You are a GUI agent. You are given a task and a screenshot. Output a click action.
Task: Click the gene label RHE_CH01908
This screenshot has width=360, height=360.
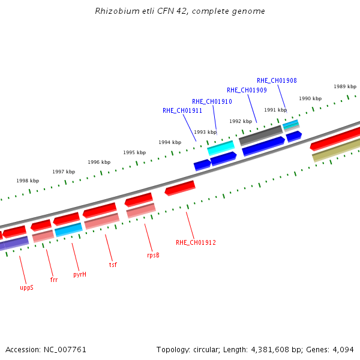coord(277,80)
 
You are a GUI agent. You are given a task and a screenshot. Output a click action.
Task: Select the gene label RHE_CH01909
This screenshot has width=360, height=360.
coord(247,90)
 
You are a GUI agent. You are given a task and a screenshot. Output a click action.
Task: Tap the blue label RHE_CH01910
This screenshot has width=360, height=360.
coord(212,101)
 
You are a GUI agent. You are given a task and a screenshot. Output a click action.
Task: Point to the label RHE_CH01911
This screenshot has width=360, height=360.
coord(182,110)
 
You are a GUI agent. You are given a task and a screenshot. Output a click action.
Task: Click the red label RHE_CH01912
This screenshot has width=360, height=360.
coord(196,242)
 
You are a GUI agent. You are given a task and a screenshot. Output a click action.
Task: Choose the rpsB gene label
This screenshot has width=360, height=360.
coord(153,256)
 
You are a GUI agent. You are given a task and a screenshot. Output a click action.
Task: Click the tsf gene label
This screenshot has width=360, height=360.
coord(113,265)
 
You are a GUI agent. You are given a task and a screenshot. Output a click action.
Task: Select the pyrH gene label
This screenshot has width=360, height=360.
coord(80,275)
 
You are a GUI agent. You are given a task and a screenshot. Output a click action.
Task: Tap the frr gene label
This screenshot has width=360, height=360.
coord(54,280)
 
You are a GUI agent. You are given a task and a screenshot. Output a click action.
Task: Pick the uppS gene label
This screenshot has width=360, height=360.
coord(26,288)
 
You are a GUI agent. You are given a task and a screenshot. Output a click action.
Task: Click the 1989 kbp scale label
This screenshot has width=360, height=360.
coord(345,86)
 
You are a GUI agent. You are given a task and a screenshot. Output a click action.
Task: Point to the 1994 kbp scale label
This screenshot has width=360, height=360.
coord(170,142)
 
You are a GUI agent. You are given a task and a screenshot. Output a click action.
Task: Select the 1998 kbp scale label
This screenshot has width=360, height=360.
coord(28,181)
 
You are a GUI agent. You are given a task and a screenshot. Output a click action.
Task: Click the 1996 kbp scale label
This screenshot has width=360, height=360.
coord(99,162)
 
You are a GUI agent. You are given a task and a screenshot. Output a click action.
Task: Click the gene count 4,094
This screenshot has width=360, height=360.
coord(343,350)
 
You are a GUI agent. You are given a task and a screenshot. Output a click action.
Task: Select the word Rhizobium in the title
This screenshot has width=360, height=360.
coord(118,11)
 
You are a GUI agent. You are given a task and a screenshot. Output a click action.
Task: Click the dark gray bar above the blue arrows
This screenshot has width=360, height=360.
coord(261,136)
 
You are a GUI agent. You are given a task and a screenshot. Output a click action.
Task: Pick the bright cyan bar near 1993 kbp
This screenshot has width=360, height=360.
coord(221,148)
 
